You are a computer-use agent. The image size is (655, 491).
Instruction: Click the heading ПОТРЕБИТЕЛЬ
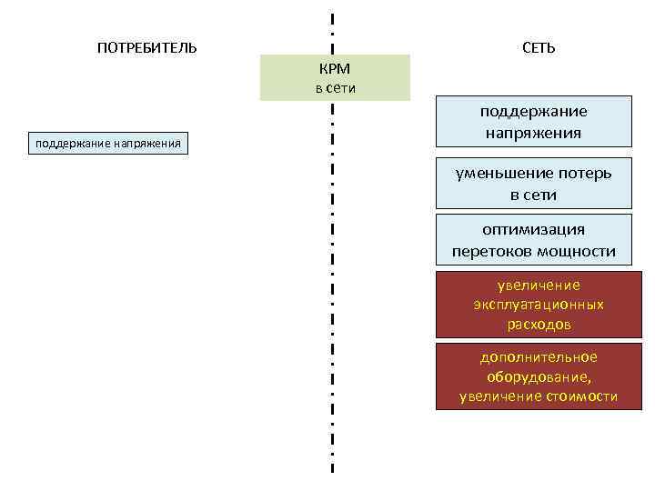click(x=146, y=47)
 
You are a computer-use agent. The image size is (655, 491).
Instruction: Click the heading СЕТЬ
click(x=539, y=47)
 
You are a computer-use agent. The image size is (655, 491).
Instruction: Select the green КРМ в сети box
click(x=335, y=77)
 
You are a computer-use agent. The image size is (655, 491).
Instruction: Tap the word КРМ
click(x=335, y=69)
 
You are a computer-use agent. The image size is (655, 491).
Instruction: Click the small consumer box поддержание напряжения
click(x=108, y=143)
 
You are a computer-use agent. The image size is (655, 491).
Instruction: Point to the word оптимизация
click(x=534, y=230)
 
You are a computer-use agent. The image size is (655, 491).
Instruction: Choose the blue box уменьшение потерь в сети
click(x=534, y=184)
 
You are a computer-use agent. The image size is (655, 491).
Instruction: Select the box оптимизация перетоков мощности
click(x=534, y=240)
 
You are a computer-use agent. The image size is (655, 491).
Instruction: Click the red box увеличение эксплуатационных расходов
click(x=534, y=305)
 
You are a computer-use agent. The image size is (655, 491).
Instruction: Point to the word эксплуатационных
click(x=539, y=305)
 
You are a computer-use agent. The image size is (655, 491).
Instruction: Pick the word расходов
click(x=539, y=324)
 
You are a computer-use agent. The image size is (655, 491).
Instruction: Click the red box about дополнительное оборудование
click(x=534, y=376)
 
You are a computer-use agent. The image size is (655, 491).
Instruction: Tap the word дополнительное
click(x=539, y=357)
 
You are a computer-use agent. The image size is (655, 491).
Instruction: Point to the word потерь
click(x=582, y=173)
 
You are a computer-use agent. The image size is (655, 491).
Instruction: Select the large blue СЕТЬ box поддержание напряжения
click(x=534, y=122)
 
